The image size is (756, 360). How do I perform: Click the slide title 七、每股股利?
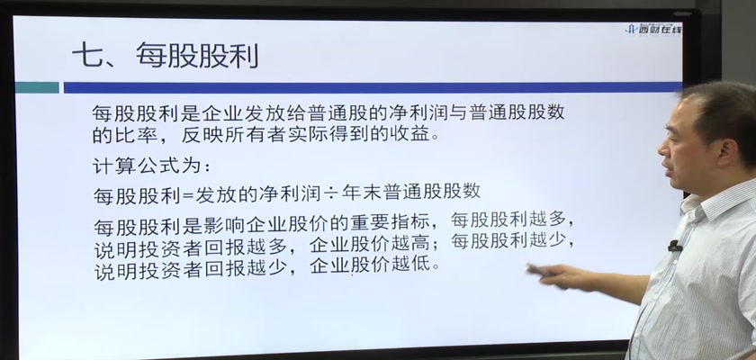pos(166,56)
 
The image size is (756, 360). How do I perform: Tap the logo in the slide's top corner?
pos(653,29)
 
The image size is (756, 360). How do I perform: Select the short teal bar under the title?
pos(37,87)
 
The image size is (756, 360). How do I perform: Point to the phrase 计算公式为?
pos(147,166)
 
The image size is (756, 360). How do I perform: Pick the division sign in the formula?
pos(330,193)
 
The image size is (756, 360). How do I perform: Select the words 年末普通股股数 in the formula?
pos(410,192)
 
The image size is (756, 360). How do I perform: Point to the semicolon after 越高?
pos(436,246)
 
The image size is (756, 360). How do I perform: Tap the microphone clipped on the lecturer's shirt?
pos(674,247)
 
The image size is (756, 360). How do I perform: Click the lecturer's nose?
pos(664,150)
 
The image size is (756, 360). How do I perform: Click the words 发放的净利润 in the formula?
pos(257,193)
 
